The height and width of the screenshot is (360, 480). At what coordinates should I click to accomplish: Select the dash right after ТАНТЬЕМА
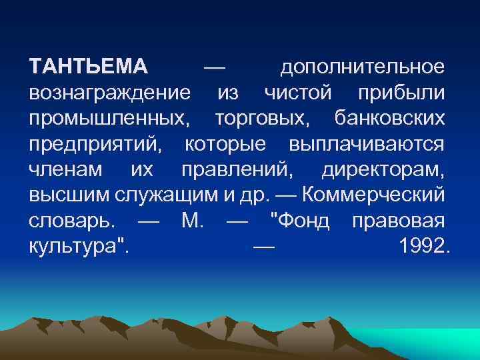(x=214, y=68)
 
